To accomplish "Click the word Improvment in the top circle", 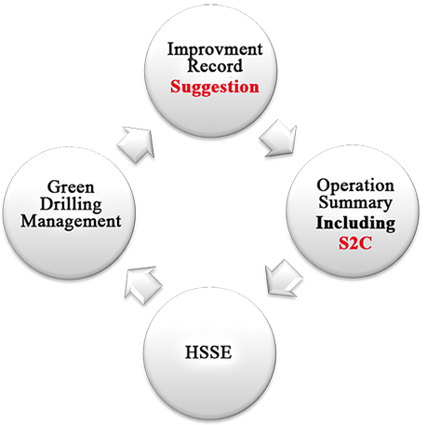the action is click(x=215, y=49).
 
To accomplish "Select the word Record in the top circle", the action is click(x=215, y=65).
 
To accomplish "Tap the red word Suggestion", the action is click(x=214, y=88).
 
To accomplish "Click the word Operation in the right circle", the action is click(x=355, y=186).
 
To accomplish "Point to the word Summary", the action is click(x=355, y=203).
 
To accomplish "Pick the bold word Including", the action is click(x=355, y=224).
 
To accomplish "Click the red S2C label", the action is click(x=354, y=243).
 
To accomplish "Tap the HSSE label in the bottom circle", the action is click(x=208, y=352).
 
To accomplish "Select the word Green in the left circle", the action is click(x=71, y=187).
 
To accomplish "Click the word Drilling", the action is click(x=71, y=205).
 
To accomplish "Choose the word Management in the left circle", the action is click(x=71, y=222).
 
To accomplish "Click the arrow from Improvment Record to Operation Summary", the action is click(x=278, y=139).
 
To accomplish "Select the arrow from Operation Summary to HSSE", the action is click(x=284, y=278).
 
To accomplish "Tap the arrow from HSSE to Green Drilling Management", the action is click(x=143, y=285).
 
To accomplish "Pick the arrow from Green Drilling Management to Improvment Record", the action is click(x=137, y=144).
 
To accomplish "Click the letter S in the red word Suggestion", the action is click(x=175, y=87).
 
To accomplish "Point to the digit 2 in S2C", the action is click(x=354, y=243).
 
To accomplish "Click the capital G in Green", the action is click(x=53, y=187).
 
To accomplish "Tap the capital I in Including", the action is click(x=320, y=223).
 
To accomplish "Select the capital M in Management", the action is click(x=29, y=221).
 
